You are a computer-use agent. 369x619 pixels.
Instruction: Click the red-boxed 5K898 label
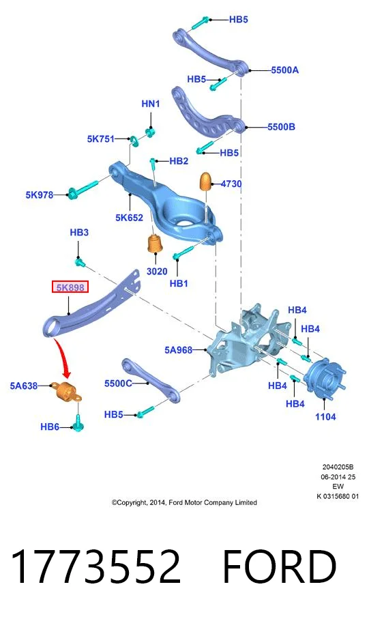click(x=70, y=287)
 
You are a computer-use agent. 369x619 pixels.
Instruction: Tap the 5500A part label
click(x=284, y=70)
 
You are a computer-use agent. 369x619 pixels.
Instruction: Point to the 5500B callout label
click(x=281, y=127)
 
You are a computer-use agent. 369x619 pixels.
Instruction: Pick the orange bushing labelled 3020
click(x=155, y=244)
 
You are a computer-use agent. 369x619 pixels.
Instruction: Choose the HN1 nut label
click(x=150, y=104)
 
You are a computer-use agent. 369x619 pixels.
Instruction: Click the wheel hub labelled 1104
click(x=325, y=376)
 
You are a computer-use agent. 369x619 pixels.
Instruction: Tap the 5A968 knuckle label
click(x=179, y=350)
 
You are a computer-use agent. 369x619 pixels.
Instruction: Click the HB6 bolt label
click(x=50, y=427)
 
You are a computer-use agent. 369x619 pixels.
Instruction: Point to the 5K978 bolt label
click(x=40, y=195)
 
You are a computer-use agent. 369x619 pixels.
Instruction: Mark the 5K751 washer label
click(x=101, y=139)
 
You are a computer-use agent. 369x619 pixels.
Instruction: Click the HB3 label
click(x=79, y=233)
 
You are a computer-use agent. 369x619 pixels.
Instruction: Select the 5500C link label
click(x=118, y=384)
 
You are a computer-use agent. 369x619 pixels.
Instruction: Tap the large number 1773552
click(x=95, y=566)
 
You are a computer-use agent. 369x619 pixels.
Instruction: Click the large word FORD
click(x=280, y=566)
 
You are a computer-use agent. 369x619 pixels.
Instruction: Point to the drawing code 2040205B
click(x=338, y=467)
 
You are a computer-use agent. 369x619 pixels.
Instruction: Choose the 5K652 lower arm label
click(x=129, y=218)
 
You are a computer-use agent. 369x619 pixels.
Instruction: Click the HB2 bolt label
click(x=179, y=161)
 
